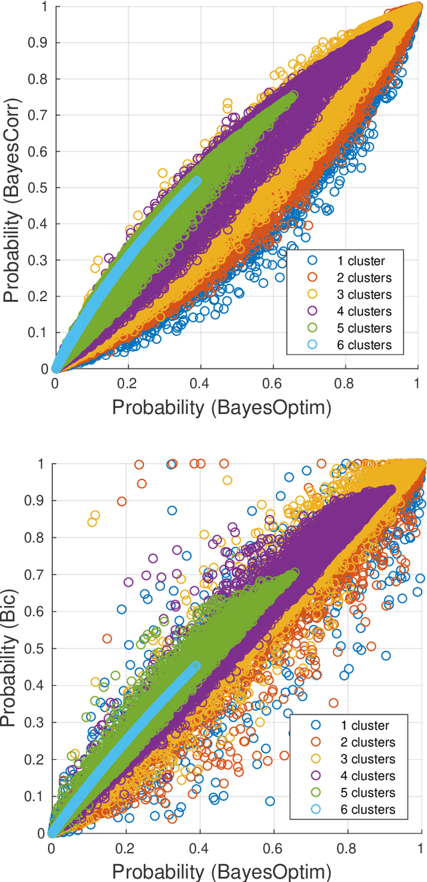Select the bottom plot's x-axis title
pyautogui.click(x=222, y=871)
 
